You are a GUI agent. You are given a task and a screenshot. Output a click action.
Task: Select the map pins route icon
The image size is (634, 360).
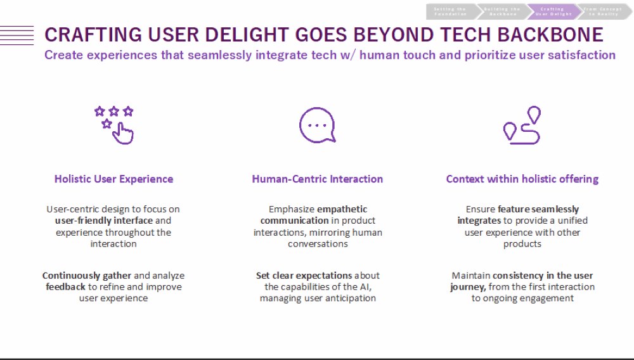pos(522,124)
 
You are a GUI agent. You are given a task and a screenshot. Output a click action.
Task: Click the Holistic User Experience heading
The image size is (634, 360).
pos(113,179)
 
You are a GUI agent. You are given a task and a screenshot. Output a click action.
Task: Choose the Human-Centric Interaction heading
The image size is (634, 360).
pos(317,179)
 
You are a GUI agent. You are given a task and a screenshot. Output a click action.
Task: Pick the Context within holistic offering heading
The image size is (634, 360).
pos(522,179)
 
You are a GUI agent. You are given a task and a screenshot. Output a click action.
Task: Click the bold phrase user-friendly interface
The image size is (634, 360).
pos(104,221)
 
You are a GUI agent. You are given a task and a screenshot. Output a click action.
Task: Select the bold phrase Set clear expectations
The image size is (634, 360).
pos(304,276)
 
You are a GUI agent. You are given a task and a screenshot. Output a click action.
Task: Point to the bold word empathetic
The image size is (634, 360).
pos(342,209)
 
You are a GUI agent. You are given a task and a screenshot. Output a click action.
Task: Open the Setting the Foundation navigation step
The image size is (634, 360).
pos(451,11)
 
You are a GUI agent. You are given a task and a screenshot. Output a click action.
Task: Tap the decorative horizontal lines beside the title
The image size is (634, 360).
pos(17,34)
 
